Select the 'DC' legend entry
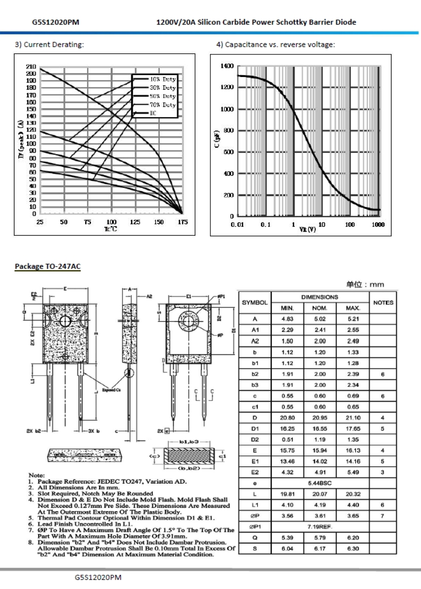(153, 113)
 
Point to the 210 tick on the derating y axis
(31, 66)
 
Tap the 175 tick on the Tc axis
(183, 222)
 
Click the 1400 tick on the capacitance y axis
(227, 66)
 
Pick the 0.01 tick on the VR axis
(237, 225)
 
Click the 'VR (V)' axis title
(307, 229)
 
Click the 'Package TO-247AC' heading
(48, 266)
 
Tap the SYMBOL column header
(254, 303)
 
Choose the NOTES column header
(383, 303)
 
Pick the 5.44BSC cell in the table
(320, 483)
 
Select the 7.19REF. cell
(320, 527)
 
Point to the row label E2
(254, 472)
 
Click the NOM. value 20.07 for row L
(320, 494)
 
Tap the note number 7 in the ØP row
(383, 516)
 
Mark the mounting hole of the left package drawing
(65, 321)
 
